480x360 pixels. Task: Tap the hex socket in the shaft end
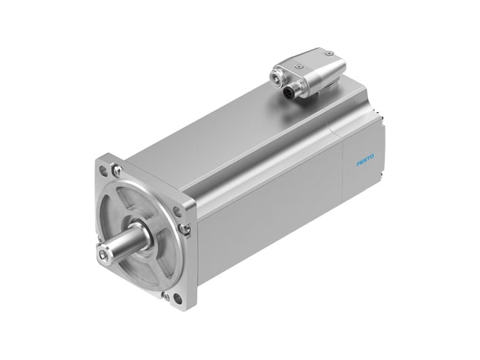102,254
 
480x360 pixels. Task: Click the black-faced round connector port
289,92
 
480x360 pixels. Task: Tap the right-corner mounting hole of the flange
176,211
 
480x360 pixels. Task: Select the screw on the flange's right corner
183,228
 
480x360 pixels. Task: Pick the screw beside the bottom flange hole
166,295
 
